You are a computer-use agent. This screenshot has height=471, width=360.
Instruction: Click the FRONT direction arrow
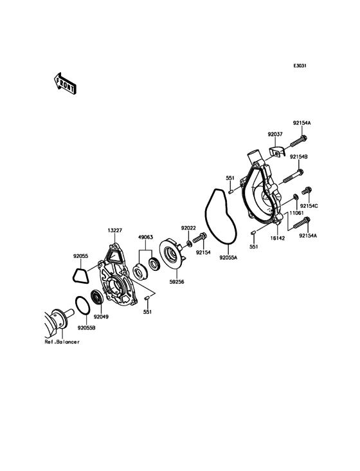pos(65,83)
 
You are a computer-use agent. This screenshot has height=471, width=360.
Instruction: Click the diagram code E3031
pos(300,66)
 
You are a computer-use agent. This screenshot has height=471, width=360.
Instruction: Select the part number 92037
pos(275,134)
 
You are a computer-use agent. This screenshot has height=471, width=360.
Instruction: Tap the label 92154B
pos(298,157)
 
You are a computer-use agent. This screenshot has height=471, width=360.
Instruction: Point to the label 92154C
pos(309,206)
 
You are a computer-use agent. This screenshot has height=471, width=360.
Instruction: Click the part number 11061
pos(297,213)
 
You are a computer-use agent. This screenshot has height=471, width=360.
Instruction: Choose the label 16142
pos(277,238)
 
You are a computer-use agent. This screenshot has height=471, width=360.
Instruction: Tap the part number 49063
pos(145,237)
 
